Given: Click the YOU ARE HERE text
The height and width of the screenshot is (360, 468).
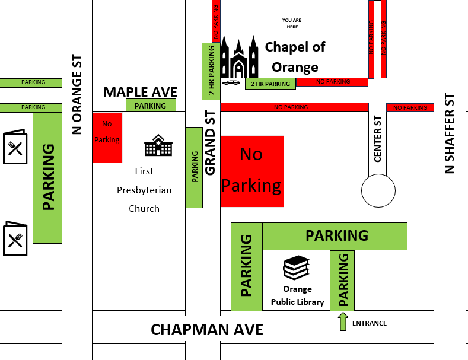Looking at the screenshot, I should click(x=291, y=23).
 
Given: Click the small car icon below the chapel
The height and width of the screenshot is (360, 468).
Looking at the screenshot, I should click(x=231, y=82).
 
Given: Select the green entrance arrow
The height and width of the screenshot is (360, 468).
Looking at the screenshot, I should click(x=342, y=321).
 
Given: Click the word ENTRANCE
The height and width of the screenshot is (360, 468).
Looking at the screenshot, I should click(x=370, y=323).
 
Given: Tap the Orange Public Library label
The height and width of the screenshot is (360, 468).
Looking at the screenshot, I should click(x=297, y=295).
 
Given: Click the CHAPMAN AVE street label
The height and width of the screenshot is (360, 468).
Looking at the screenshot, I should click(x=207, y=330).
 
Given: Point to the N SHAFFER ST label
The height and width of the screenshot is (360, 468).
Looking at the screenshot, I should click(x=450, y=133).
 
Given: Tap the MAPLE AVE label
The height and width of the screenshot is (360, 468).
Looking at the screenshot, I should click(x=140, y=92).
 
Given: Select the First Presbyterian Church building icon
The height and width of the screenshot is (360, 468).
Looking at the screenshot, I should click(x=158, y=145).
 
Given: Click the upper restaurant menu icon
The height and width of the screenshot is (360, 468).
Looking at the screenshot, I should click(x=15, y=146).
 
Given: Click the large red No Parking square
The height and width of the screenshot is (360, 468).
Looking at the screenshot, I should click(x=252, y=171).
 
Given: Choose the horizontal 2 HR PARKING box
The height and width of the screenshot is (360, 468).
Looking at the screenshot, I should click(x=270, y=84).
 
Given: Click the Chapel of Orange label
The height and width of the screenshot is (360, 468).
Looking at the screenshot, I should click(x=295, y=56).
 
